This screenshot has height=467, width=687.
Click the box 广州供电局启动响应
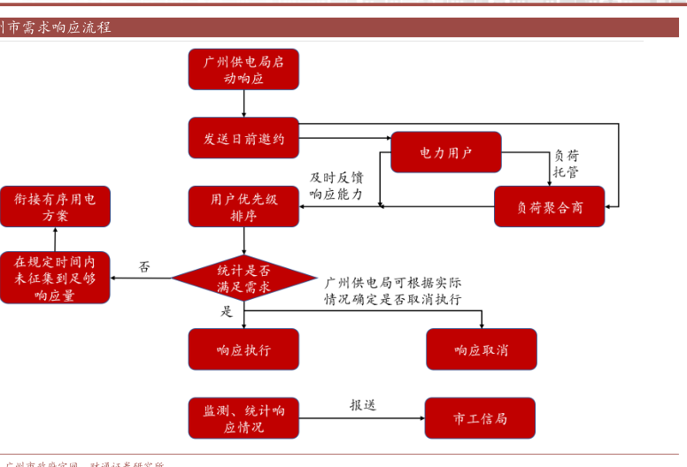(243, 70)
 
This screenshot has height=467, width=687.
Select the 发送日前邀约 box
(243, 138)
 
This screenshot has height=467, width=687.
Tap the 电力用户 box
(445, 152)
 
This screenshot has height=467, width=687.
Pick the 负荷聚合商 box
(549, 207)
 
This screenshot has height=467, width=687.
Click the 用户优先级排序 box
(243, 207)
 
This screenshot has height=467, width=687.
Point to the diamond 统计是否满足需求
(243, 278)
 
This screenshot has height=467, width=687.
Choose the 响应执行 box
(243, 349)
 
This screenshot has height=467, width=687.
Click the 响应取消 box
(481, 349)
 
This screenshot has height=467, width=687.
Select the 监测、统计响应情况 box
(243, 418)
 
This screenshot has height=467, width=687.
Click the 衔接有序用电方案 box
(55, 207)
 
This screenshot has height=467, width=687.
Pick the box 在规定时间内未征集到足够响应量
(55, 278)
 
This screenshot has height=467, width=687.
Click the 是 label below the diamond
(226, 311)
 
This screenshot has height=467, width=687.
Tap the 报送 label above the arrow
(362, 405)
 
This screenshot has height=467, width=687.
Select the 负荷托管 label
(566, 164)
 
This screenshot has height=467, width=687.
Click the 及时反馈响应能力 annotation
(336, 186)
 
